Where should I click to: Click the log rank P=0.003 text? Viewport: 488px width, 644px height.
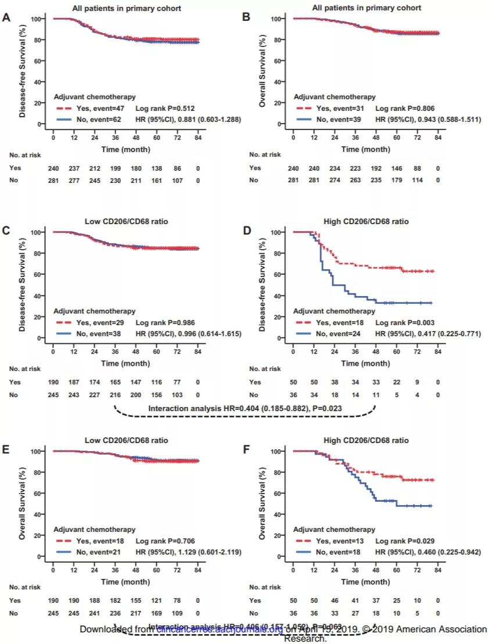click(403, 322)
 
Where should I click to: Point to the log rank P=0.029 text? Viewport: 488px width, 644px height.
click(403, 540)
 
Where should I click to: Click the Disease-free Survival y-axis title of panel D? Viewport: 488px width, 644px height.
click(262, 285)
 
